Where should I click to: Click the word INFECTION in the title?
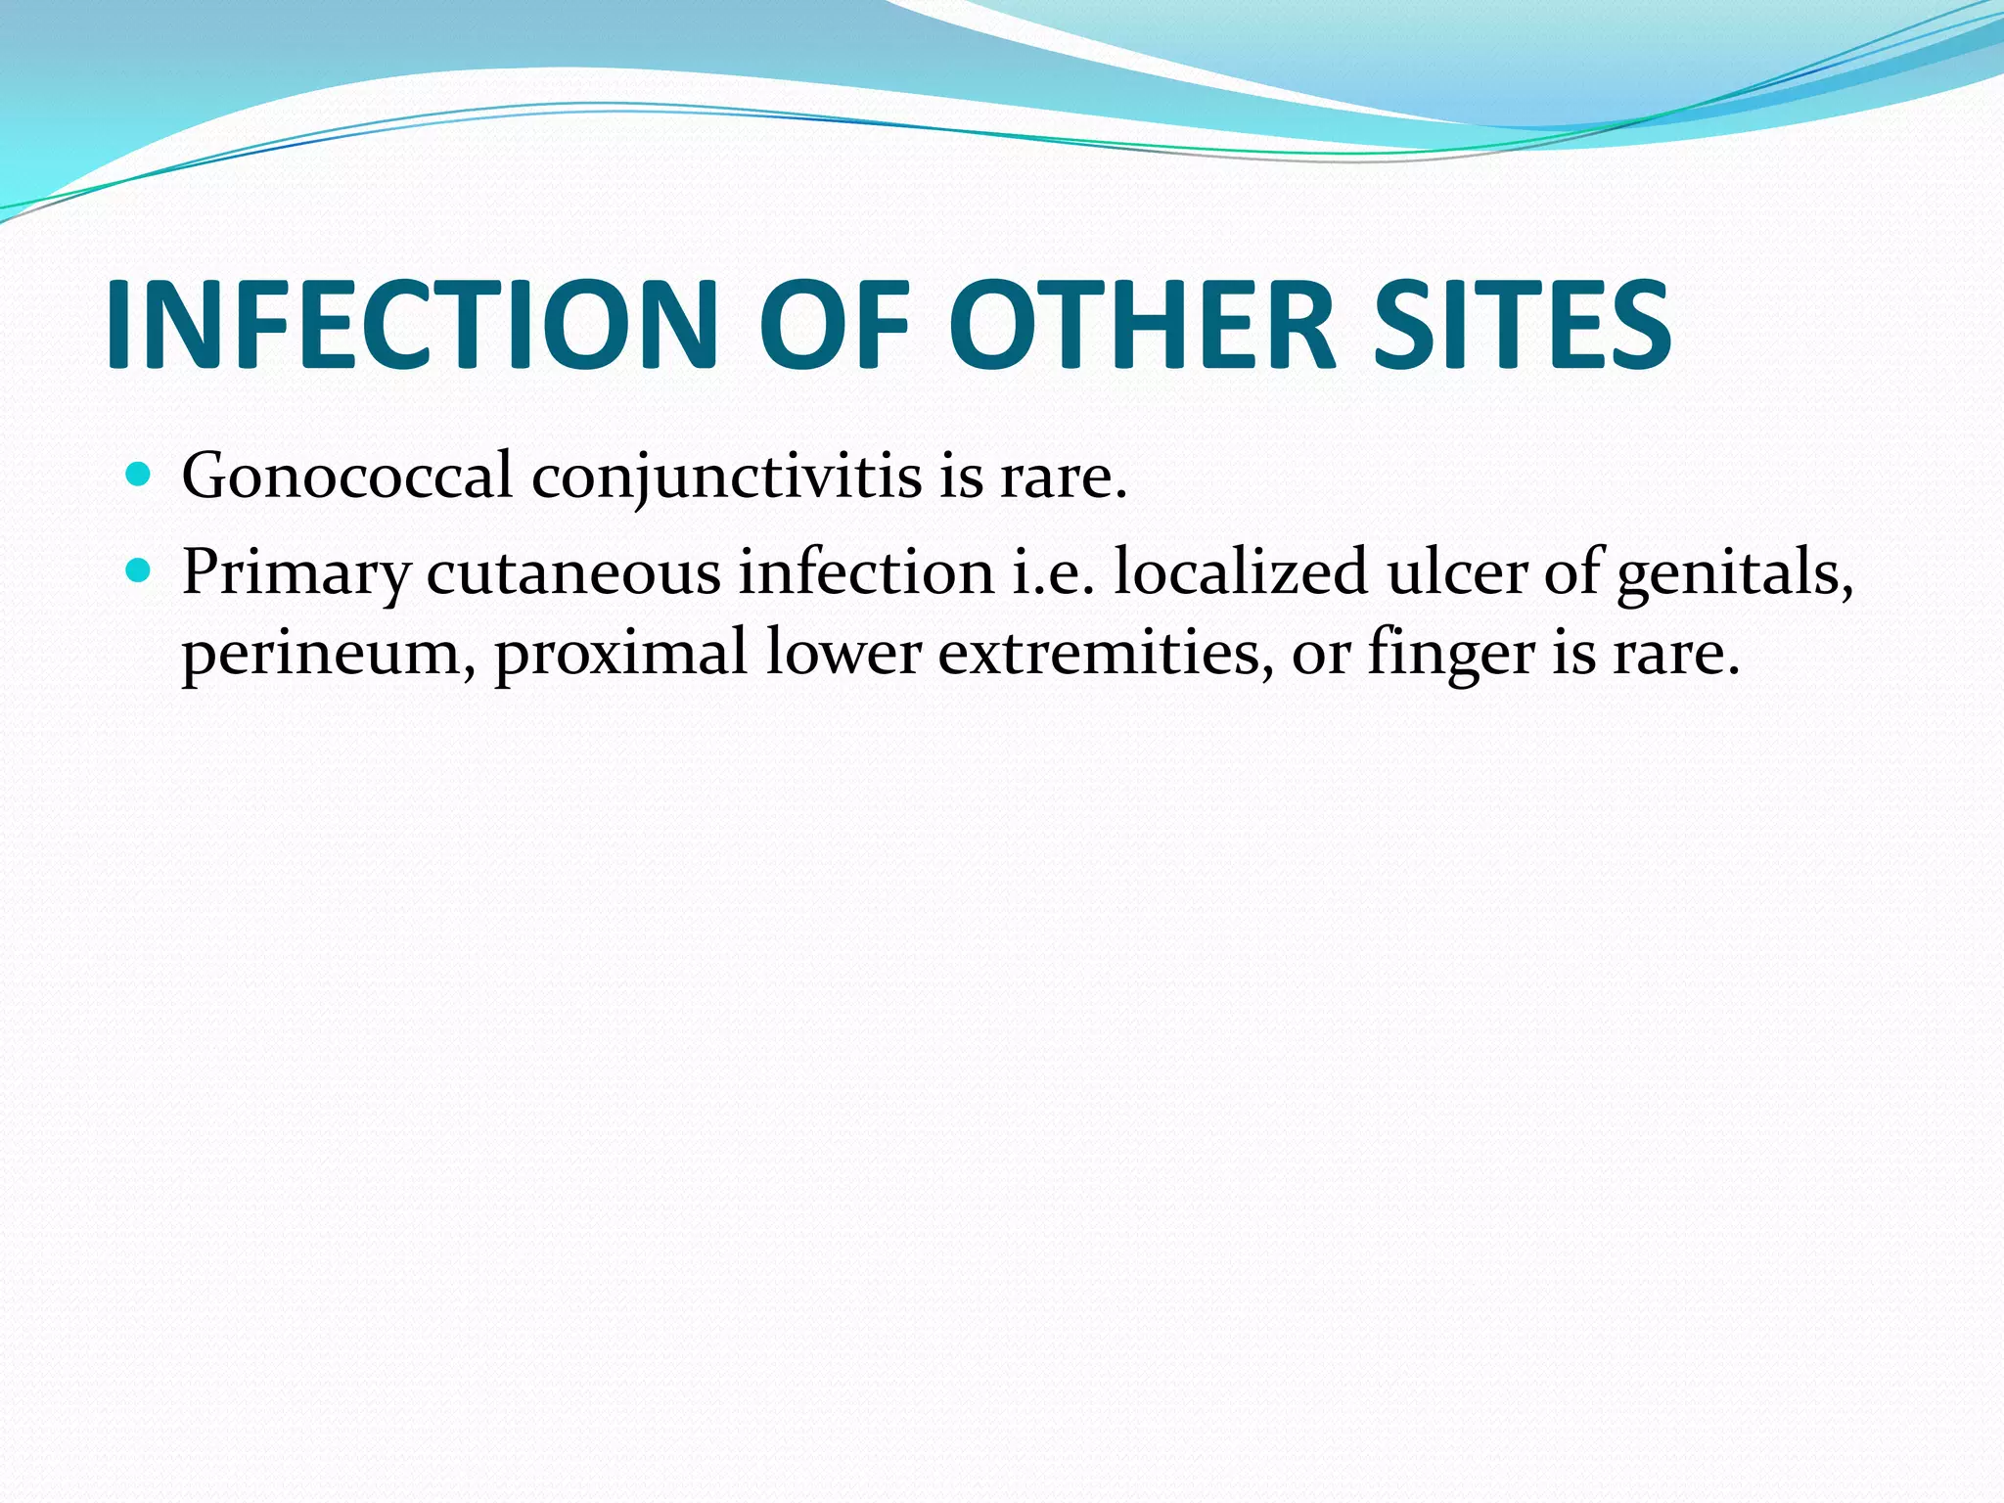tap(411, 325)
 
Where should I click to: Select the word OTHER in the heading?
tap(1141, 325)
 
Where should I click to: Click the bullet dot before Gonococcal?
tap(139, 477)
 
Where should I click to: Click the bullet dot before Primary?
tap(139, 570)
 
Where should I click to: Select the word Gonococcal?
tap(347, 477)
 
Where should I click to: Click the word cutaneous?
tap(572, 571)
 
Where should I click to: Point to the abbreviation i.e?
tap(1052, 571)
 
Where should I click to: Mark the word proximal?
tap(620, 654)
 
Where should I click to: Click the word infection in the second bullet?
tap(866, 571)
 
